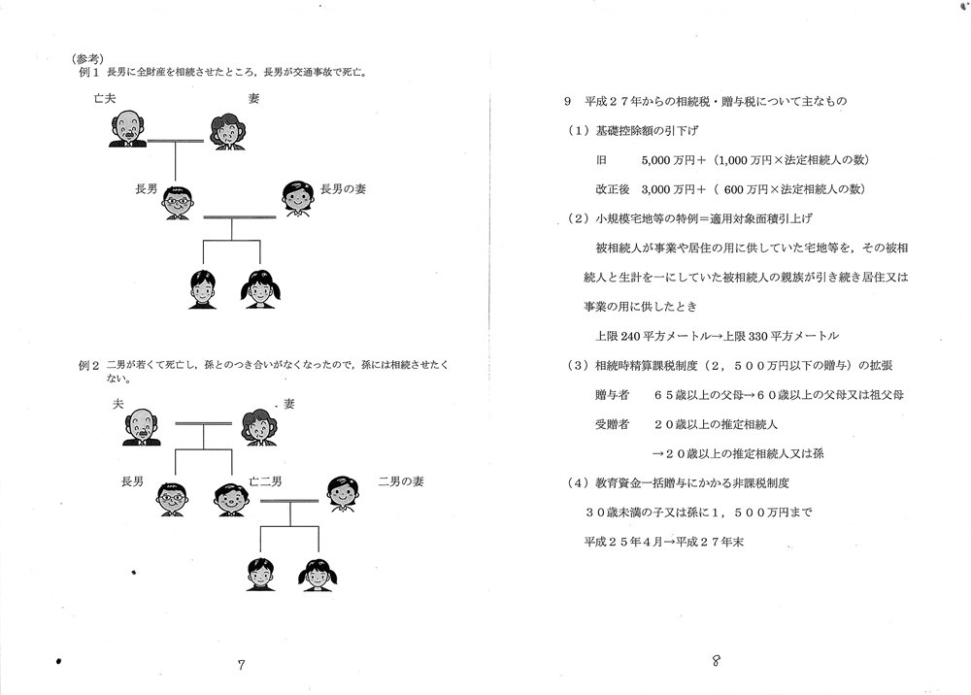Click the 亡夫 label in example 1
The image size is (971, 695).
tap(105, 98)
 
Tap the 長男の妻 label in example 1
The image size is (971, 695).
tap(343, 188)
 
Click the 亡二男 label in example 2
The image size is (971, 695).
tap(266, 481)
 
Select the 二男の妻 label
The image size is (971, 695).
tap(401, 481)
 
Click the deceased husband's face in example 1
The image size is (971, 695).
tap(128, 129)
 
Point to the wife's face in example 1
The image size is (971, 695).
tap(228, 132)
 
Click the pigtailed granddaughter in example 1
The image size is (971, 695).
tap(260, 289)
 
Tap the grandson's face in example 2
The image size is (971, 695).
tap(260, 575)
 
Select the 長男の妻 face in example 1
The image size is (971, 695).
tap(298, 199)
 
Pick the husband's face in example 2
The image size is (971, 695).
tap(142, 427)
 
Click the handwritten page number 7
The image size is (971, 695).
tap(241, 665)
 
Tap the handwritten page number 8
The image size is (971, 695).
tap(716, 661)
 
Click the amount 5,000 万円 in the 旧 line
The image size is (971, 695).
tap(668, 160)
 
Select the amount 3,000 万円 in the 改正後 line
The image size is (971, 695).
tap(668, 189)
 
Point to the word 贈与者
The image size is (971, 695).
tap(612, 395)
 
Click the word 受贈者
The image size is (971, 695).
tap(612, 424)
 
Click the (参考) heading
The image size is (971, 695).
tap(88, 59)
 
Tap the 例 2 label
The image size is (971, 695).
tap(88, 365)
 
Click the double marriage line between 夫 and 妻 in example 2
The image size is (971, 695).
tap(204, 423)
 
